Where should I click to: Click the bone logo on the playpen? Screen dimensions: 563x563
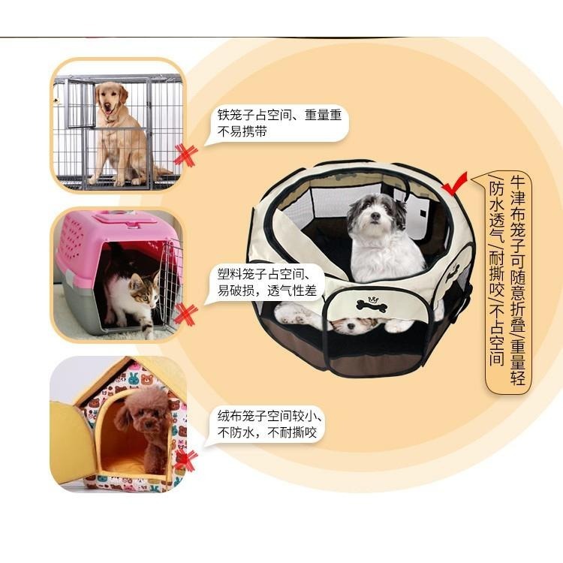click(372, 306)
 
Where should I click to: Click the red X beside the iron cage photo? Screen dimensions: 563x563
click(185, 155)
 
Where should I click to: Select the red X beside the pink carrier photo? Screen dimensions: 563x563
click(185, 314)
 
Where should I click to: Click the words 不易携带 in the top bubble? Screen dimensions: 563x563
click(242, 131)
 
